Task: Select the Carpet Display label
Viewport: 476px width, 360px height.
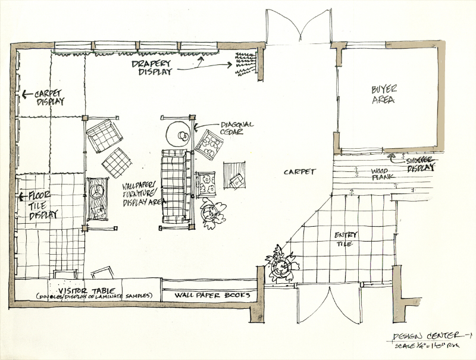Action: pos(50,98)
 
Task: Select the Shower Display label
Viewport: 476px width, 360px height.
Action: pos(419,164)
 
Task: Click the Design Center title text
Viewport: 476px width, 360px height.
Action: pos(432,337)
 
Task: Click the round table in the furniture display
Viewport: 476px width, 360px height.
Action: pos(178,133)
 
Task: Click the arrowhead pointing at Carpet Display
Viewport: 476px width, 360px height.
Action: pos(24,94)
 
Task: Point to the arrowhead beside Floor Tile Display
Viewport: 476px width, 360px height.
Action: pos(24,197)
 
